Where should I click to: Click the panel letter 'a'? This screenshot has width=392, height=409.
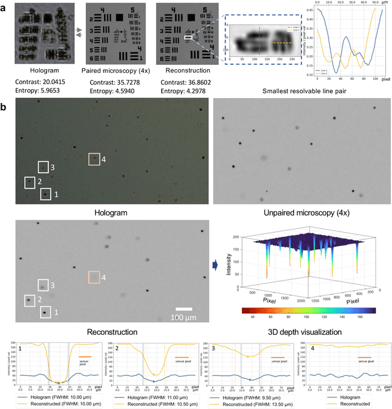point(4,7)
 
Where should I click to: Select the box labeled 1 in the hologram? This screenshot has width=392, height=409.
point(45,195)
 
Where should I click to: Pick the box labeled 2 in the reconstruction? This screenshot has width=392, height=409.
point(29,301)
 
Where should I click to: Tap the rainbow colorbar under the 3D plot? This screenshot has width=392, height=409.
point(301,310)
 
